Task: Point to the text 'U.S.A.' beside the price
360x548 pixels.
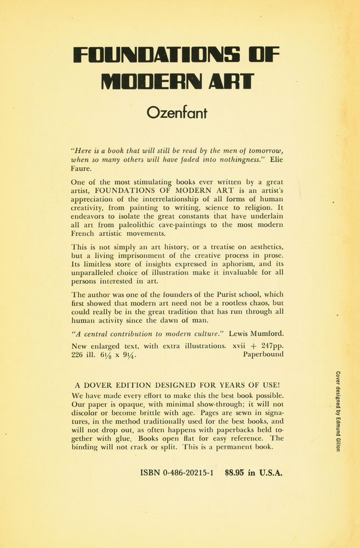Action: [268, 473]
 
